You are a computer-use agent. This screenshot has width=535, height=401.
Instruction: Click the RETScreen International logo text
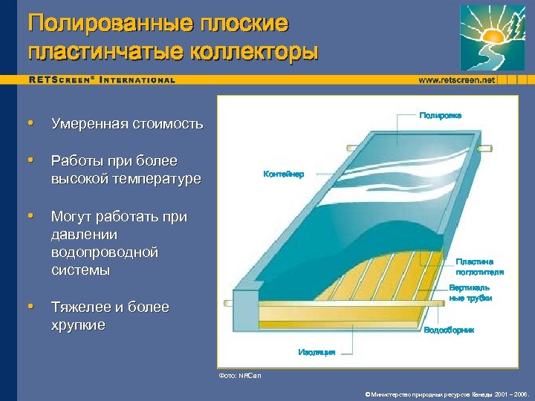pos(102,79)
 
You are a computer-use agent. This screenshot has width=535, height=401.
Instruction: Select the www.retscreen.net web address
pos(456,79)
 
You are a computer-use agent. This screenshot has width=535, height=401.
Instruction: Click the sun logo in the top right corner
pos(493,38)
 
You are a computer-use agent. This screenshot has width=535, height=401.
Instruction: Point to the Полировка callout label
pos(440,116)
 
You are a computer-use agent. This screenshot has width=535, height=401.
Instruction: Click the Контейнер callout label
pos(283,174)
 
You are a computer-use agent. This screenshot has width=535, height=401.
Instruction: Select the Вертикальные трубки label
pos(470,293)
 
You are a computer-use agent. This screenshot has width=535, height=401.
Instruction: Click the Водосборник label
pos(448,329)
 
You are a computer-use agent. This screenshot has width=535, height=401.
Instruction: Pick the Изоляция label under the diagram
pos(317,351)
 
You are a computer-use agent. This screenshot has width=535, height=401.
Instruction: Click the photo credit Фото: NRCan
pos(240,376)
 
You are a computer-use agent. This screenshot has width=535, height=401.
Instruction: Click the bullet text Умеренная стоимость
pos(127,123)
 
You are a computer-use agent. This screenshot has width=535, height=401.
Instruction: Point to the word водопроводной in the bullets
pos(105,252)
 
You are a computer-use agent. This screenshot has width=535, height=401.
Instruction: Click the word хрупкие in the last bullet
pos(78,325)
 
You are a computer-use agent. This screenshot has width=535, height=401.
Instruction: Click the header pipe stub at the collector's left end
pos(239,304)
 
